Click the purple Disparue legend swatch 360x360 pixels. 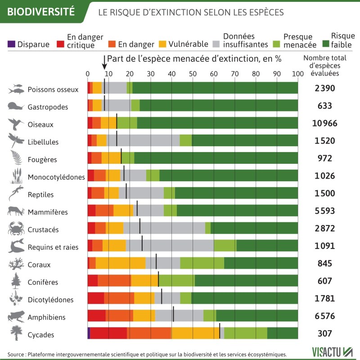[11, 44]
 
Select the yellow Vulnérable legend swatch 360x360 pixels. [163, 44]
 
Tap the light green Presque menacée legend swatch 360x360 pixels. [276, 44]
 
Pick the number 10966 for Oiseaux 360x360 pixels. [324, 124]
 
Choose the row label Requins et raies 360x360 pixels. [53, 247]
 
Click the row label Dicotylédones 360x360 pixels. [50, 300]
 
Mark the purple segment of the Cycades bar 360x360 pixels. [89, 333]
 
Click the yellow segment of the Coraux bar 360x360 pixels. [121, 263]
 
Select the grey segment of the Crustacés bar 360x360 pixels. [164, 229]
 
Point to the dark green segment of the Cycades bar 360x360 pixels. [282, 333]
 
